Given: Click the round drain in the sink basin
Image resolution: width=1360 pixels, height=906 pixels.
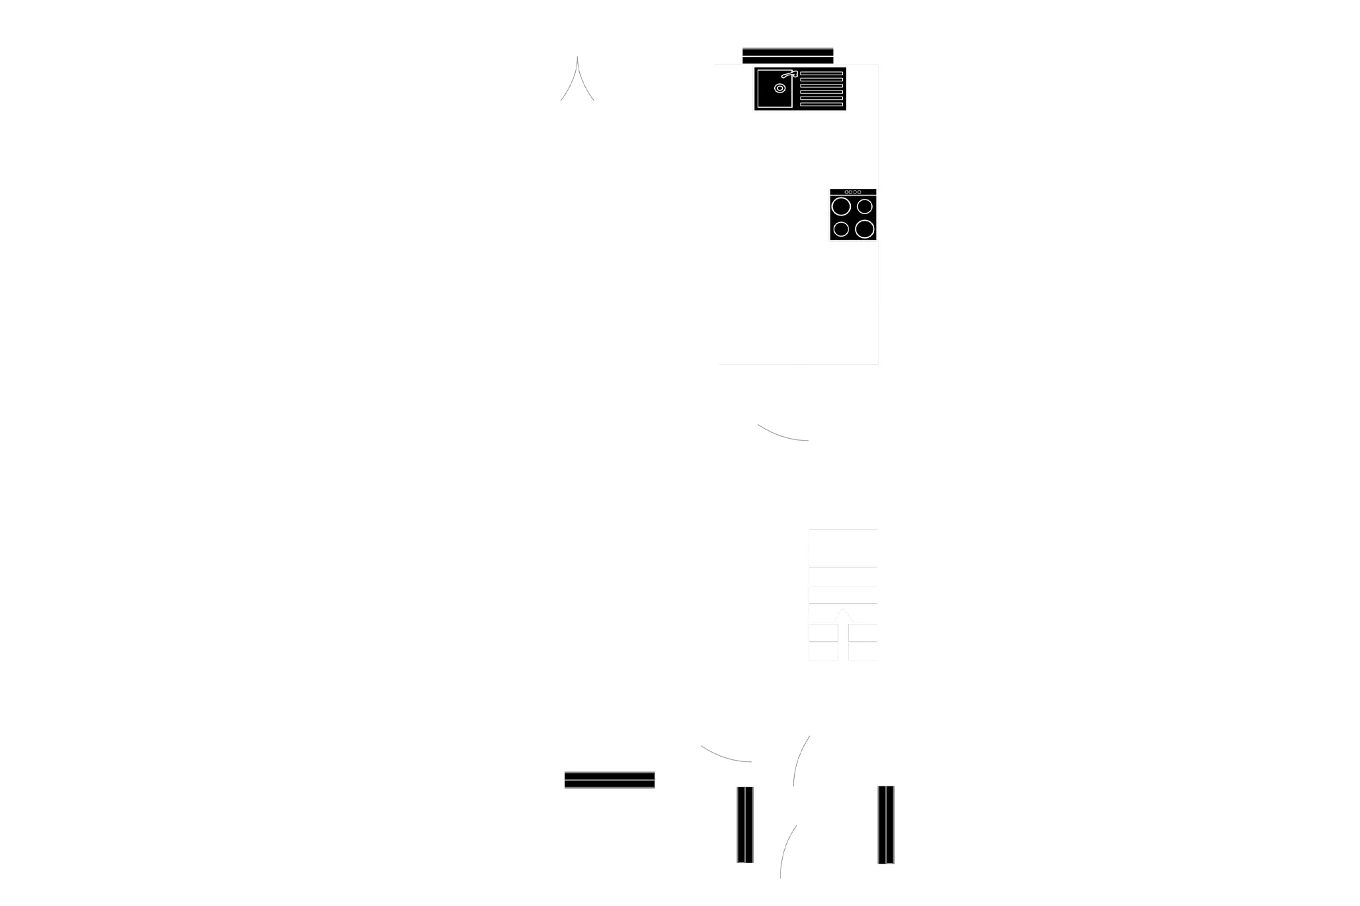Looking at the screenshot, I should (x=780, y=88).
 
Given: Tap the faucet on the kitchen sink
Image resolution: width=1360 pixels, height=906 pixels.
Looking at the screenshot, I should (x=790, y=75).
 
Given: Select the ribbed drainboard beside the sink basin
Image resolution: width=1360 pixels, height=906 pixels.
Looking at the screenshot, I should (x=822, y=89).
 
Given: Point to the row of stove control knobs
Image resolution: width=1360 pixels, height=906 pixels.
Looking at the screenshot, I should (x=853, y=192).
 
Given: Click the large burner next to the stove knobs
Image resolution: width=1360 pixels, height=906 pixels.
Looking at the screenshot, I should (x=841, y=207).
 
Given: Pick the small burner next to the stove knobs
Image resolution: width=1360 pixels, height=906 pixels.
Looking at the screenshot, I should (x=865, y=207).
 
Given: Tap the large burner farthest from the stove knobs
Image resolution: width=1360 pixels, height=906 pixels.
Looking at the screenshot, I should (x=865, y=229).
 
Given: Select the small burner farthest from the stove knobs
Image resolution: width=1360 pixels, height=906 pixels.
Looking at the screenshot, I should (x=841, y=229).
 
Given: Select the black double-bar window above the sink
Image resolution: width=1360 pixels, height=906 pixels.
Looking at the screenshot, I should (x=787, y=56).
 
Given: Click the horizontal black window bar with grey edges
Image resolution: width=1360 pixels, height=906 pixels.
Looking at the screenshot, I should (x=608, y=780).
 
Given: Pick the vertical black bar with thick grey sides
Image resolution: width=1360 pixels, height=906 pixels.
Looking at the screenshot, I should (x=886, y=824).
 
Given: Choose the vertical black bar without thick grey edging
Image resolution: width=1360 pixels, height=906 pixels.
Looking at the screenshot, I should (x=745, y=825).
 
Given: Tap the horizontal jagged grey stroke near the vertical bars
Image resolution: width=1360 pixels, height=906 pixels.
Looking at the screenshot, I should (x=726, y=755).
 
